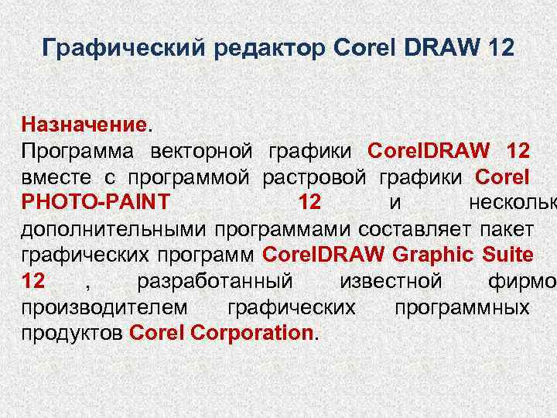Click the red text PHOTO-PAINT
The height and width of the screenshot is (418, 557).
pos(96,203)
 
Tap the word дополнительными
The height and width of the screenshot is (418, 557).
pos(113,229)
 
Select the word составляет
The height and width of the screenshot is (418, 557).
pos(415,229)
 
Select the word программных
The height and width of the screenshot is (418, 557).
pos(461,307)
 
